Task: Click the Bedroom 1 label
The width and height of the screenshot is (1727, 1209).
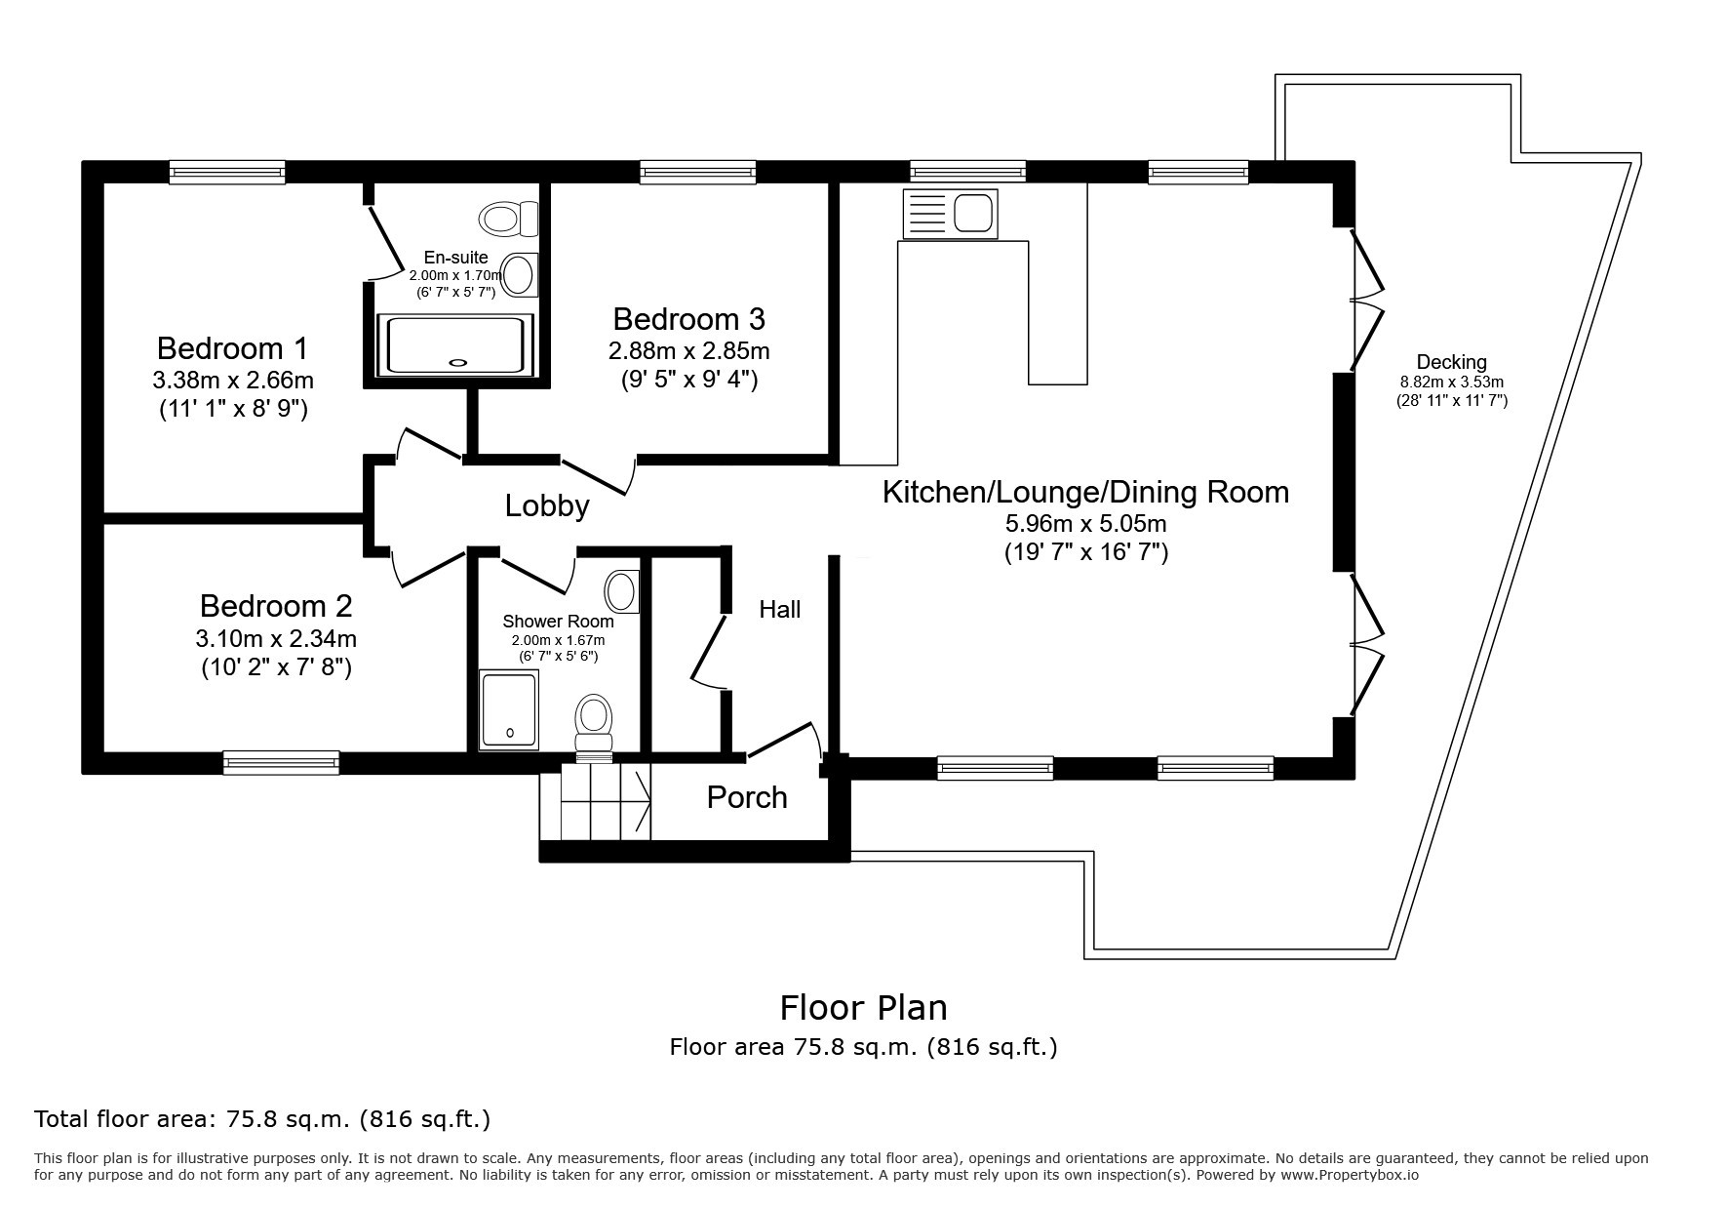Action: (x=232, y=347)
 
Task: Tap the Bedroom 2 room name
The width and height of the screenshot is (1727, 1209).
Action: (x=275, y=606)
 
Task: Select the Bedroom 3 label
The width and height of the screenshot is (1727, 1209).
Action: (x=688, y=319)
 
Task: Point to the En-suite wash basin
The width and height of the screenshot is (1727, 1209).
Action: (x=520, y=274)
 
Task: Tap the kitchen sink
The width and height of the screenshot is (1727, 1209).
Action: (x=951, y=214)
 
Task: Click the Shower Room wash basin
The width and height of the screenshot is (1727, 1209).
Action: (x=622, y=591)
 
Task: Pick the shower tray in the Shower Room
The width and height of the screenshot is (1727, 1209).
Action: (x=509, y=709)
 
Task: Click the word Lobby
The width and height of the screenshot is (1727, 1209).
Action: (x=547, y=505)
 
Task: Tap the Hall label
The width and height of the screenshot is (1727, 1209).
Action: (x=780, y=610)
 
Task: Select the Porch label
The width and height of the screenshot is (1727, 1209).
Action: (x=747, y=797)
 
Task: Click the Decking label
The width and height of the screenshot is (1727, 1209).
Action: (x=1452, y=362)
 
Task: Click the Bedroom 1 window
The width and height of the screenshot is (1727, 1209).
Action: (x=227, y=173)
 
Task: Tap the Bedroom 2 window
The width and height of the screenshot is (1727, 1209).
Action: (x=282, y=762)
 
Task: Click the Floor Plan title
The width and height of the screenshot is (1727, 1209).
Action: (x=863, y=1007)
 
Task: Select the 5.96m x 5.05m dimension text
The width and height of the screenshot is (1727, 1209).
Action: (x=1086, y=524)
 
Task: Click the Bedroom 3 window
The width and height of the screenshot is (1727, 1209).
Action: (x=698, y=173)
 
